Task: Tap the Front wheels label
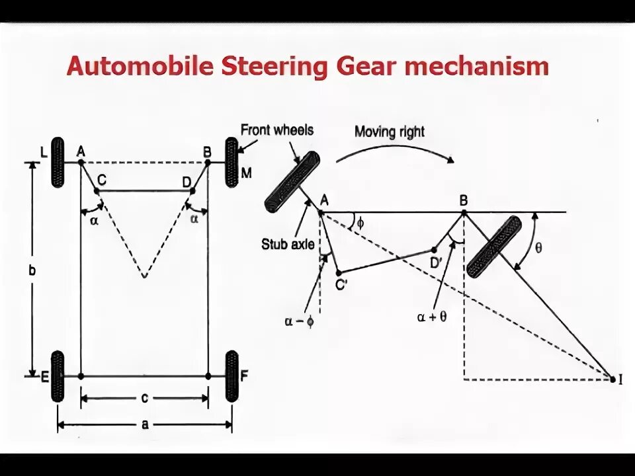coord(276,130)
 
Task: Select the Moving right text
coord(390,131)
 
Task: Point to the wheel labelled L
coord(58,162)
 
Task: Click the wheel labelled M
coord(232,162)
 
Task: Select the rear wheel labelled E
coord(58,376)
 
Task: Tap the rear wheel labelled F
coord(232,376)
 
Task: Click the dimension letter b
coord(32,270)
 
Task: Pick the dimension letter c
coord(144,398)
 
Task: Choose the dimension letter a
coord(144,425)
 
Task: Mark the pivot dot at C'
coord(338,272)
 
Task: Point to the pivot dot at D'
coord(434,250)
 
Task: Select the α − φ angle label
coord(299,321)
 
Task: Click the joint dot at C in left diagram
coord(97,191)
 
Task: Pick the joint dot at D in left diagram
coord(192,191)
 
